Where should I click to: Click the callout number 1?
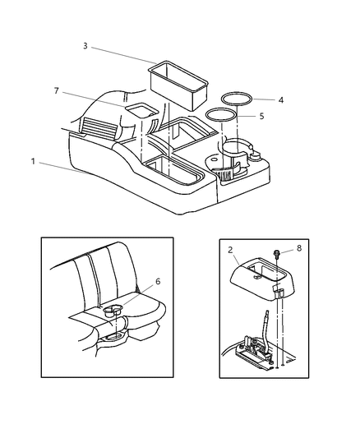(x=34, y=162)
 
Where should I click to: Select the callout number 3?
(x=85, y=47)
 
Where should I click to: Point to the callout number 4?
(x=280, y=100)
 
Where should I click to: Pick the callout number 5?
(x=261, y=117)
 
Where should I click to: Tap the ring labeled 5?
(x=219, y=113)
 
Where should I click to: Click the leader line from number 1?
(x=66, y=168)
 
